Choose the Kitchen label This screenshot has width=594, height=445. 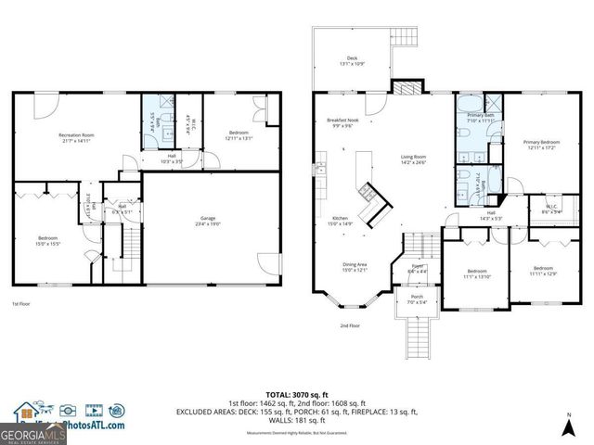(x=339, y=220)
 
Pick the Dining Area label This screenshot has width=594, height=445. (x=355, y=267)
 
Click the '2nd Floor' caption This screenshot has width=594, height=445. (x=350, y=326)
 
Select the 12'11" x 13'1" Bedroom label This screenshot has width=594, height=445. (x=239, y=136)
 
